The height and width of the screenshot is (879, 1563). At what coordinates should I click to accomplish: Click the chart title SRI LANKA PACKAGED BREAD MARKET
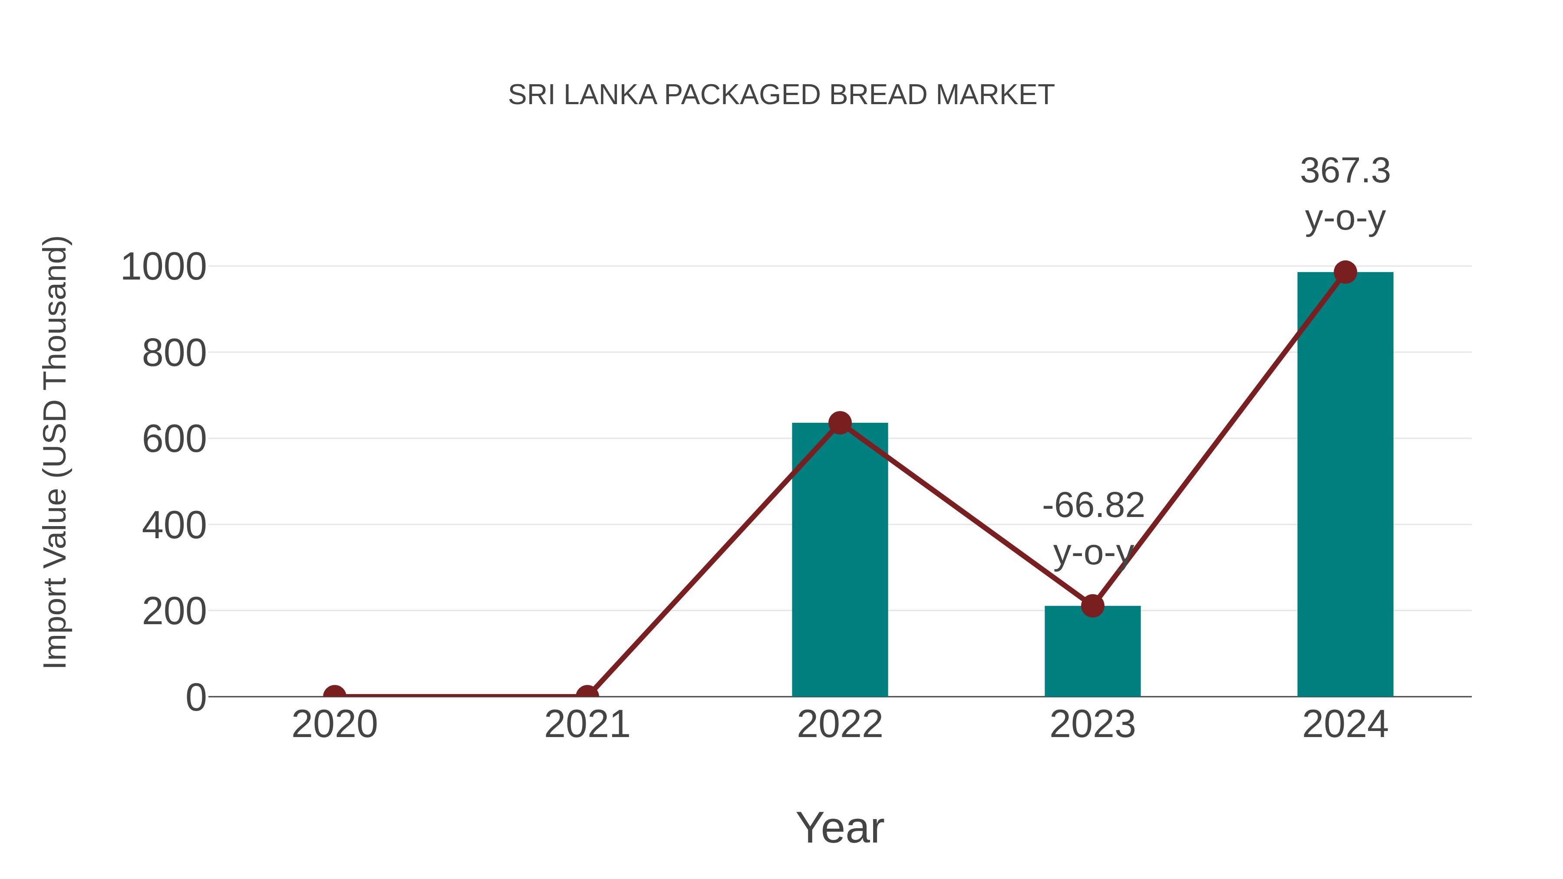[x=781, y=95]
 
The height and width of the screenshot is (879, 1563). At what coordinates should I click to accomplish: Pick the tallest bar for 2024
[x=1345, y=485]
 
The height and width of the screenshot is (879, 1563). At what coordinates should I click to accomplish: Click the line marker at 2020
[x=334, y=695]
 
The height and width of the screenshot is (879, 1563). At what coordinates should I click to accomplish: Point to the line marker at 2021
[x=587, y=695]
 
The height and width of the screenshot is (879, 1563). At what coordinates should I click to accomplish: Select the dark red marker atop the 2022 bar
[x=840, y=423]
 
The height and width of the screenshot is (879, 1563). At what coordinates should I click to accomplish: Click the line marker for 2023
[x=1092, y=606]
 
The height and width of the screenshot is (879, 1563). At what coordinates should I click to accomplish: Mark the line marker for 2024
[x=1345, y=272]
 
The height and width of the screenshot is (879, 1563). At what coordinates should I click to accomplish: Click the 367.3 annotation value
[x=1345, y=171]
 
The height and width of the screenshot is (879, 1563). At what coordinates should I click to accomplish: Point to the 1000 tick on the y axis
[x=164, y=267]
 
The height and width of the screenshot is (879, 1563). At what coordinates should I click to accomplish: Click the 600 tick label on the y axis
[x=174, y=439]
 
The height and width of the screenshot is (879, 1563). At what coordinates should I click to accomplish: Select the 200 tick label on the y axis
[x=174, y=612]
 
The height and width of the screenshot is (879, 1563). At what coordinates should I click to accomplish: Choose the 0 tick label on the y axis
[x=195, y=698]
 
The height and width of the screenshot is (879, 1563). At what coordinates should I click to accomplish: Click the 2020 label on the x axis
[x=334, y=724]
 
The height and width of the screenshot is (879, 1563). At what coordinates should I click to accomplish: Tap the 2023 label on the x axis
[x=1092, y=724]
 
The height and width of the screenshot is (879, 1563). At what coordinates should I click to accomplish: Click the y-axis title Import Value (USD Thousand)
[x=56, y=452]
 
